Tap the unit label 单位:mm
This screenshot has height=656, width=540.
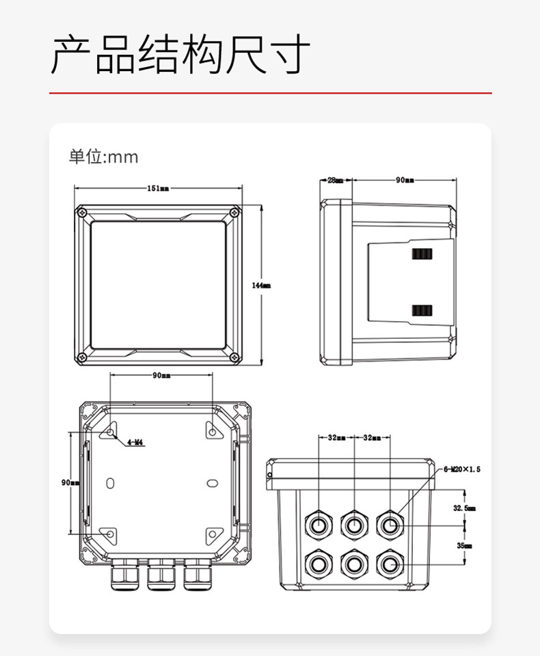tap(103, 157)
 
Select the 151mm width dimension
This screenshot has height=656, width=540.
tap(158, 189)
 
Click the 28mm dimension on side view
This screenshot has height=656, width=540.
tap(335, 180)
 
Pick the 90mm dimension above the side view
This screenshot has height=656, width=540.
tap(405, 180)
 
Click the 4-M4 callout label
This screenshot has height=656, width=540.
tap(135, 442)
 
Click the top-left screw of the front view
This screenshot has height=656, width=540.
tap(82, 213)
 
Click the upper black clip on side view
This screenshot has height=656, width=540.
tap(422, 254)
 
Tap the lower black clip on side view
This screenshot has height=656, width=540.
tap(422, 311)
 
